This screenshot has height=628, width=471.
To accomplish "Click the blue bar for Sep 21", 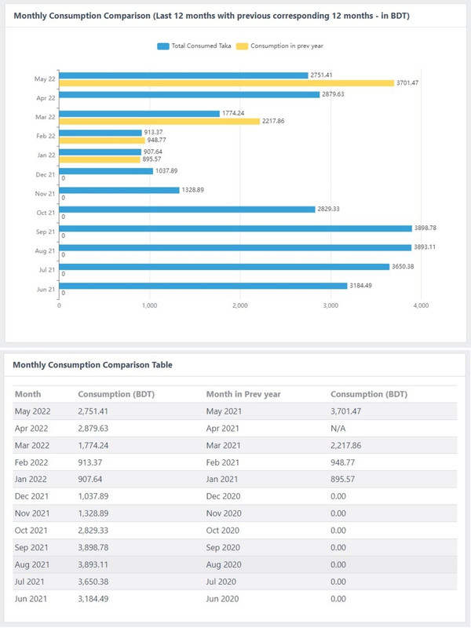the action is click(x=235, y=228).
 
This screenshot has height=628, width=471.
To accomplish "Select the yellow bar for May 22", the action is click(x=227, y=83).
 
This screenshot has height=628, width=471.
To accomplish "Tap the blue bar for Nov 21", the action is click(x=119, y=190).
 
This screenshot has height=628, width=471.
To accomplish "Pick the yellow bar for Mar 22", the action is click(x=159, y=121).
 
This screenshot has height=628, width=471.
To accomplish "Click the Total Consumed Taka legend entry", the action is click(x=194, y=46).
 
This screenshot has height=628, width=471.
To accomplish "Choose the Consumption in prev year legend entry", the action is click(x=280, y=46).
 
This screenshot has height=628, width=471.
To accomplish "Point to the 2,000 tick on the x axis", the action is click(x=240, y=305).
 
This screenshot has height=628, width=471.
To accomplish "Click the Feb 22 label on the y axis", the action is click(x=46, y=136).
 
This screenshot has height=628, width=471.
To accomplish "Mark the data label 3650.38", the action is click(x=403, y=266).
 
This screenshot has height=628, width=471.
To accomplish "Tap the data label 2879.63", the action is click(x=333, y=94).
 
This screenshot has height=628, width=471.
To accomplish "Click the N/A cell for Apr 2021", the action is click(x=338, y=429).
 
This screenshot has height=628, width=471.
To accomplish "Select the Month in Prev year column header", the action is click(x=243, y=394).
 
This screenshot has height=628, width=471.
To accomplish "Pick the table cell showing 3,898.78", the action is click(x=93, y=547).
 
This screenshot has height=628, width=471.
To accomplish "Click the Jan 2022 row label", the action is click(x=31, y=480).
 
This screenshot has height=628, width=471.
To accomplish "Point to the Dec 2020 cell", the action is click(x=223, y=497).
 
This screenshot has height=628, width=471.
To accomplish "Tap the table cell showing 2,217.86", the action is click(x=345, y=445).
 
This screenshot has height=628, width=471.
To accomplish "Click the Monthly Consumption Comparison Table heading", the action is click(x=93, y=365).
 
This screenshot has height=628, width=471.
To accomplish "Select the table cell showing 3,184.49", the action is click(x=93, y=599).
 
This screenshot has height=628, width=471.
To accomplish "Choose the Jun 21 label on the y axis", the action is click(x=46, y=289).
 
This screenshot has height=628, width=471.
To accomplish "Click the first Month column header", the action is click(x=28, y=394).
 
